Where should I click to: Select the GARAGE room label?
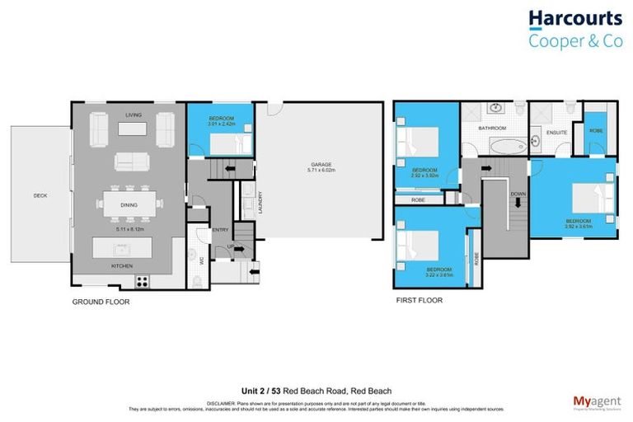coord(321,164)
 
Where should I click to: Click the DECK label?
coord(40,195)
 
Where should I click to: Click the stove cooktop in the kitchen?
coord(142,280)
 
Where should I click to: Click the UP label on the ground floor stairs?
coord(231,246)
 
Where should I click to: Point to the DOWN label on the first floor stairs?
coord(516,195)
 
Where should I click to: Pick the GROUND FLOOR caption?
coord(101,302)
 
